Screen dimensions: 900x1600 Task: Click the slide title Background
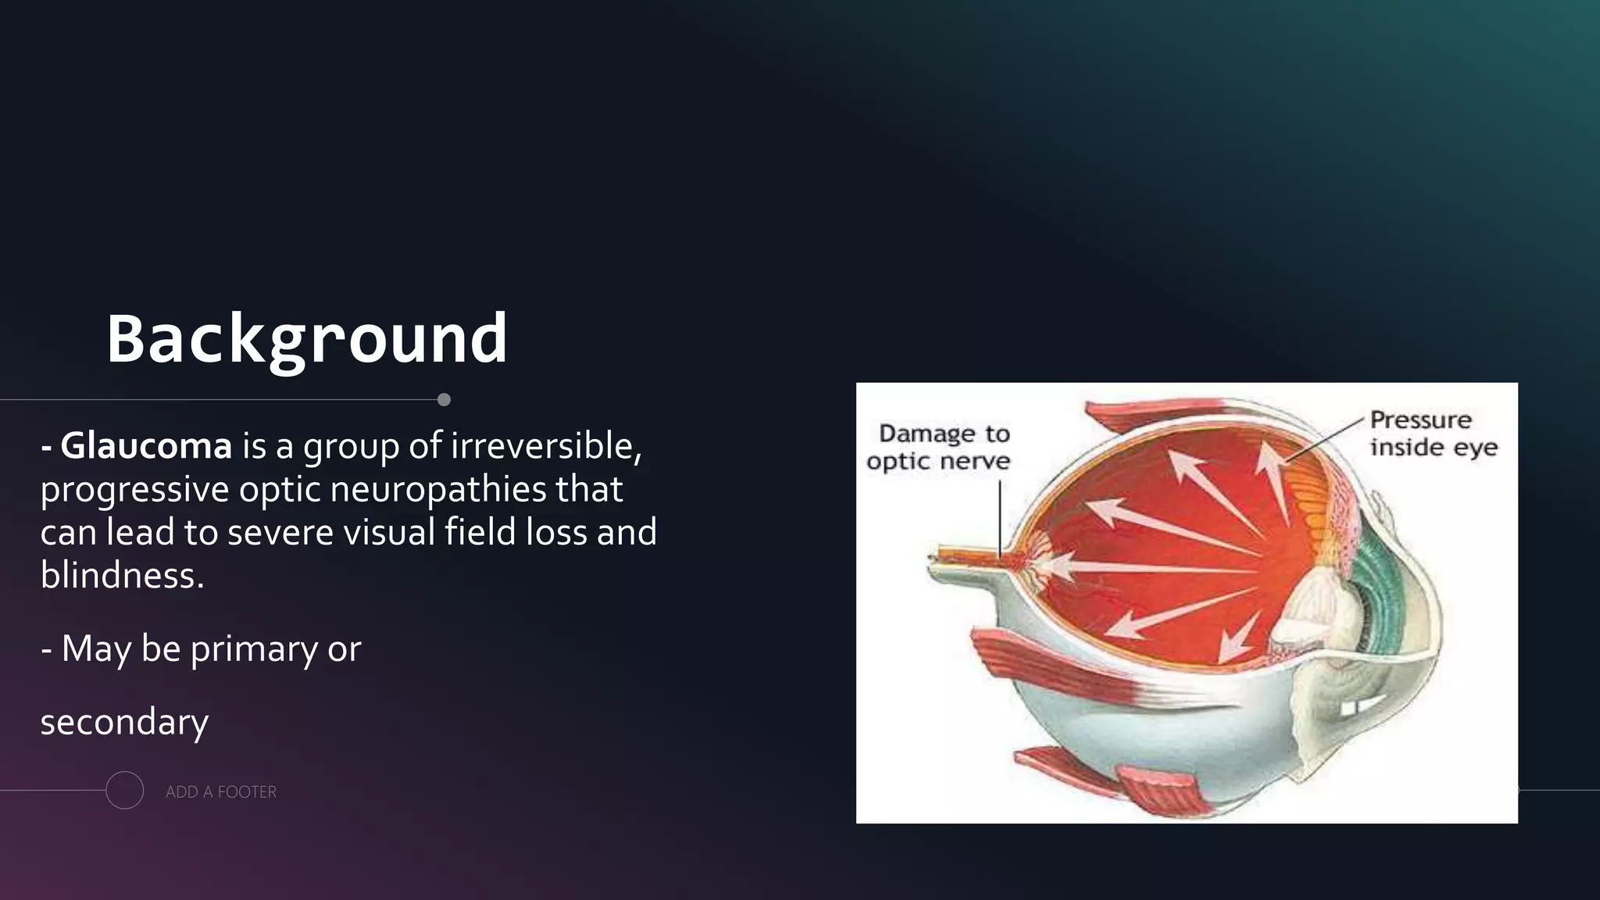point(307,339)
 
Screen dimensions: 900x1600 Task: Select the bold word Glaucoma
point(146,446)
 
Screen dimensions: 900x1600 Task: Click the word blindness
point(122,576)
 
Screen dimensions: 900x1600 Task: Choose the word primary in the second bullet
point(254,649)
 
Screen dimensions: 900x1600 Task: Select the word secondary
point(124,723)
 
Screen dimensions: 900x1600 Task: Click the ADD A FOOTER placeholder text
point(221,792)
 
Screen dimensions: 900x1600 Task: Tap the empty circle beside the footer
point(125,790)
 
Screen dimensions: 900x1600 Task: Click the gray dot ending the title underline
point(445,400)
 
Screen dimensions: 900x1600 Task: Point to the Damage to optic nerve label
point(940,447)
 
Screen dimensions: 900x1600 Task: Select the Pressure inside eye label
point(1432,434)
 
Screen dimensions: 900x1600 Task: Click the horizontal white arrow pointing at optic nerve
point(1148,568)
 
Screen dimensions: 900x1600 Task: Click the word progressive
point(134,490)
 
